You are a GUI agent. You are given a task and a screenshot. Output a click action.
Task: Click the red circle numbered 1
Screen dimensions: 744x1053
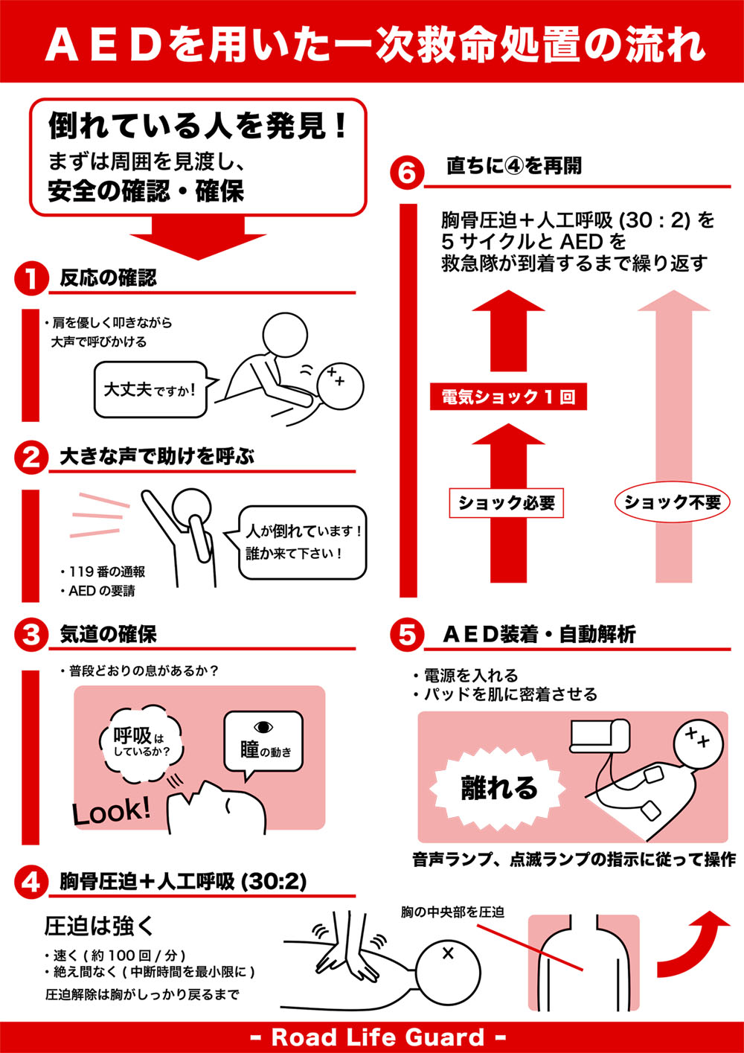coord(31,278)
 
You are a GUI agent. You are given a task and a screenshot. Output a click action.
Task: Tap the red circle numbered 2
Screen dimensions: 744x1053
coord(31,457)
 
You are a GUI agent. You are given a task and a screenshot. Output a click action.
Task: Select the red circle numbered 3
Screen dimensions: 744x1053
coord(31,635)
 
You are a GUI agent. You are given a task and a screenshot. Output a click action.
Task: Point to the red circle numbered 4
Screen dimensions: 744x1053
coord(31,882)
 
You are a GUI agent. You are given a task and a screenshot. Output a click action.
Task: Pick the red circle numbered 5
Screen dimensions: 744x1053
coord(407,635)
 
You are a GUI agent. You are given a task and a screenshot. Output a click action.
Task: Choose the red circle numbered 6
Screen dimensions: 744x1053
coord(407,173)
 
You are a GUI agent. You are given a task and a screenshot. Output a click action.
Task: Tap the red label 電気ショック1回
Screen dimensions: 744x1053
coord(508,397)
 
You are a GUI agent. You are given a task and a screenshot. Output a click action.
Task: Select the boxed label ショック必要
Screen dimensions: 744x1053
coord(506,503)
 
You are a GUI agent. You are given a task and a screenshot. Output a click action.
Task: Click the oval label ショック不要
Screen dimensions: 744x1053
coord(672,502)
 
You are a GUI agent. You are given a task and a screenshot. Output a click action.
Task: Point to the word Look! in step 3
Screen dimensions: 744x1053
coord(112,811)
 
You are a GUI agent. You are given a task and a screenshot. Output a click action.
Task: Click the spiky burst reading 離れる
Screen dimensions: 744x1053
coord(498,788)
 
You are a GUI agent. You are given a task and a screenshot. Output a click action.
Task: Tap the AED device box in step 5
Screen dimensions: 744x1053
coord(600,734)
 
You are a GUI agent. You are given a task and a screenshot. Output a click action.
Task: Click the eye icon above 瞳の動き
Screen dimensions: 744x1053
coord(263,727)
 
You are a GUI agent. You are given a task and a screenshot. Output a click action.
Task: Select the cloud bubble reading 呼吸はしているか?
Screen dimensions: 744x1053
coord(141,743)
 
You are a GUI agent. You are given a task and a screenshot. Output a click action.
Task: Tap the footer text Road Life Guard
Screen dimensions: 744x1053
coord(378,1037)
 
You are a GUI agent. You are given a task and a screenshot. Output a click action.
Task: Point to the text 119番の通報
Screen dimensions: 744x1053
coord(103,572)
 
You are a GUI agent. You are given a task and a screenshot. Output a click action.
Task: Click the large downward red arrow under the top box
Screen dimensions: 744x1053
coord(198,238)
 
